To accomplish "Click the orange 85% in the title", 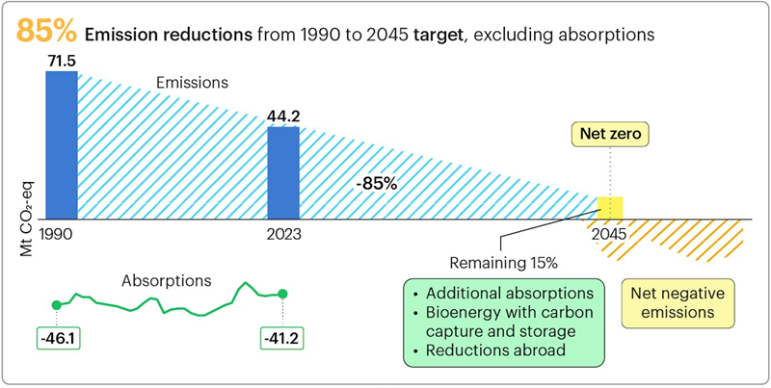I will tap(45, 32).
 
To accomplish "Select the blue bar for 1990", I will tap(61, 144).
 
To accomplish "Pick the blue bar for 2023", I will tap(283, 173).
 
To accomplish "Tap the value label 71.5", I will tap(61, 60).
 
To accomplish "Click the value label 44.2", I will tap(283, 116).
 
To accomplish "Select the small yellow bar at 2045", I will tap(611, 208).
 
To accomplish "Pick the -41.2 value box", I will tap(282, 339).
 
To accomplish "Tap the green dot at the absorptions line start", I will tap(56, 305).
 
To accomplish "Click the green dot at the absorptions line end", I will tap(282, 294).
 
